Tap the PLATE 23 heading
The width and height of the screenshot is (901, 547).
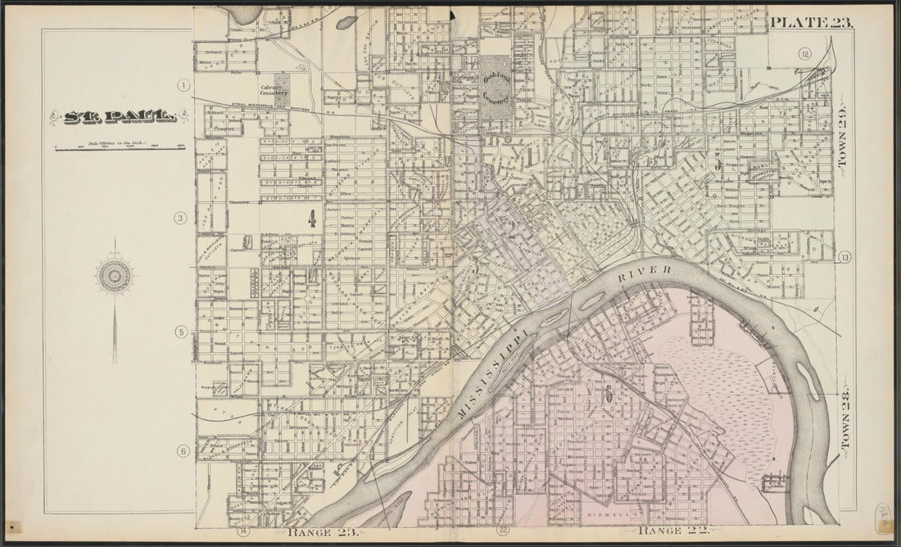[811, 22]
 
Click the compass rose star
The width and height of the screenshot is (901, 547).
[115, 276]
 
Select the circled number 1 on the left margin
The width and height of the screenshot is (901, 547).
[184, 85]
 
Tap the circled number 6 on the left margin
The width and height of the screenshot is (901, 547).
[183, 450]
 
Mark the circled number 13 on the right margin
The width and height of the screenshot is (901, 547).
[844, 258]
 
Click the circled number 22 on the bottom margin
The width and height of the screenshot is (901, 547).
[503, 531]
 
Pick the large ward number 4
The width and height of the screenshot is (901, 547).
[311, 218]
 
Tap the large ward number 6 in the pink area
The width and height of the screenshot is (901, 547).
[609, 392]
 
